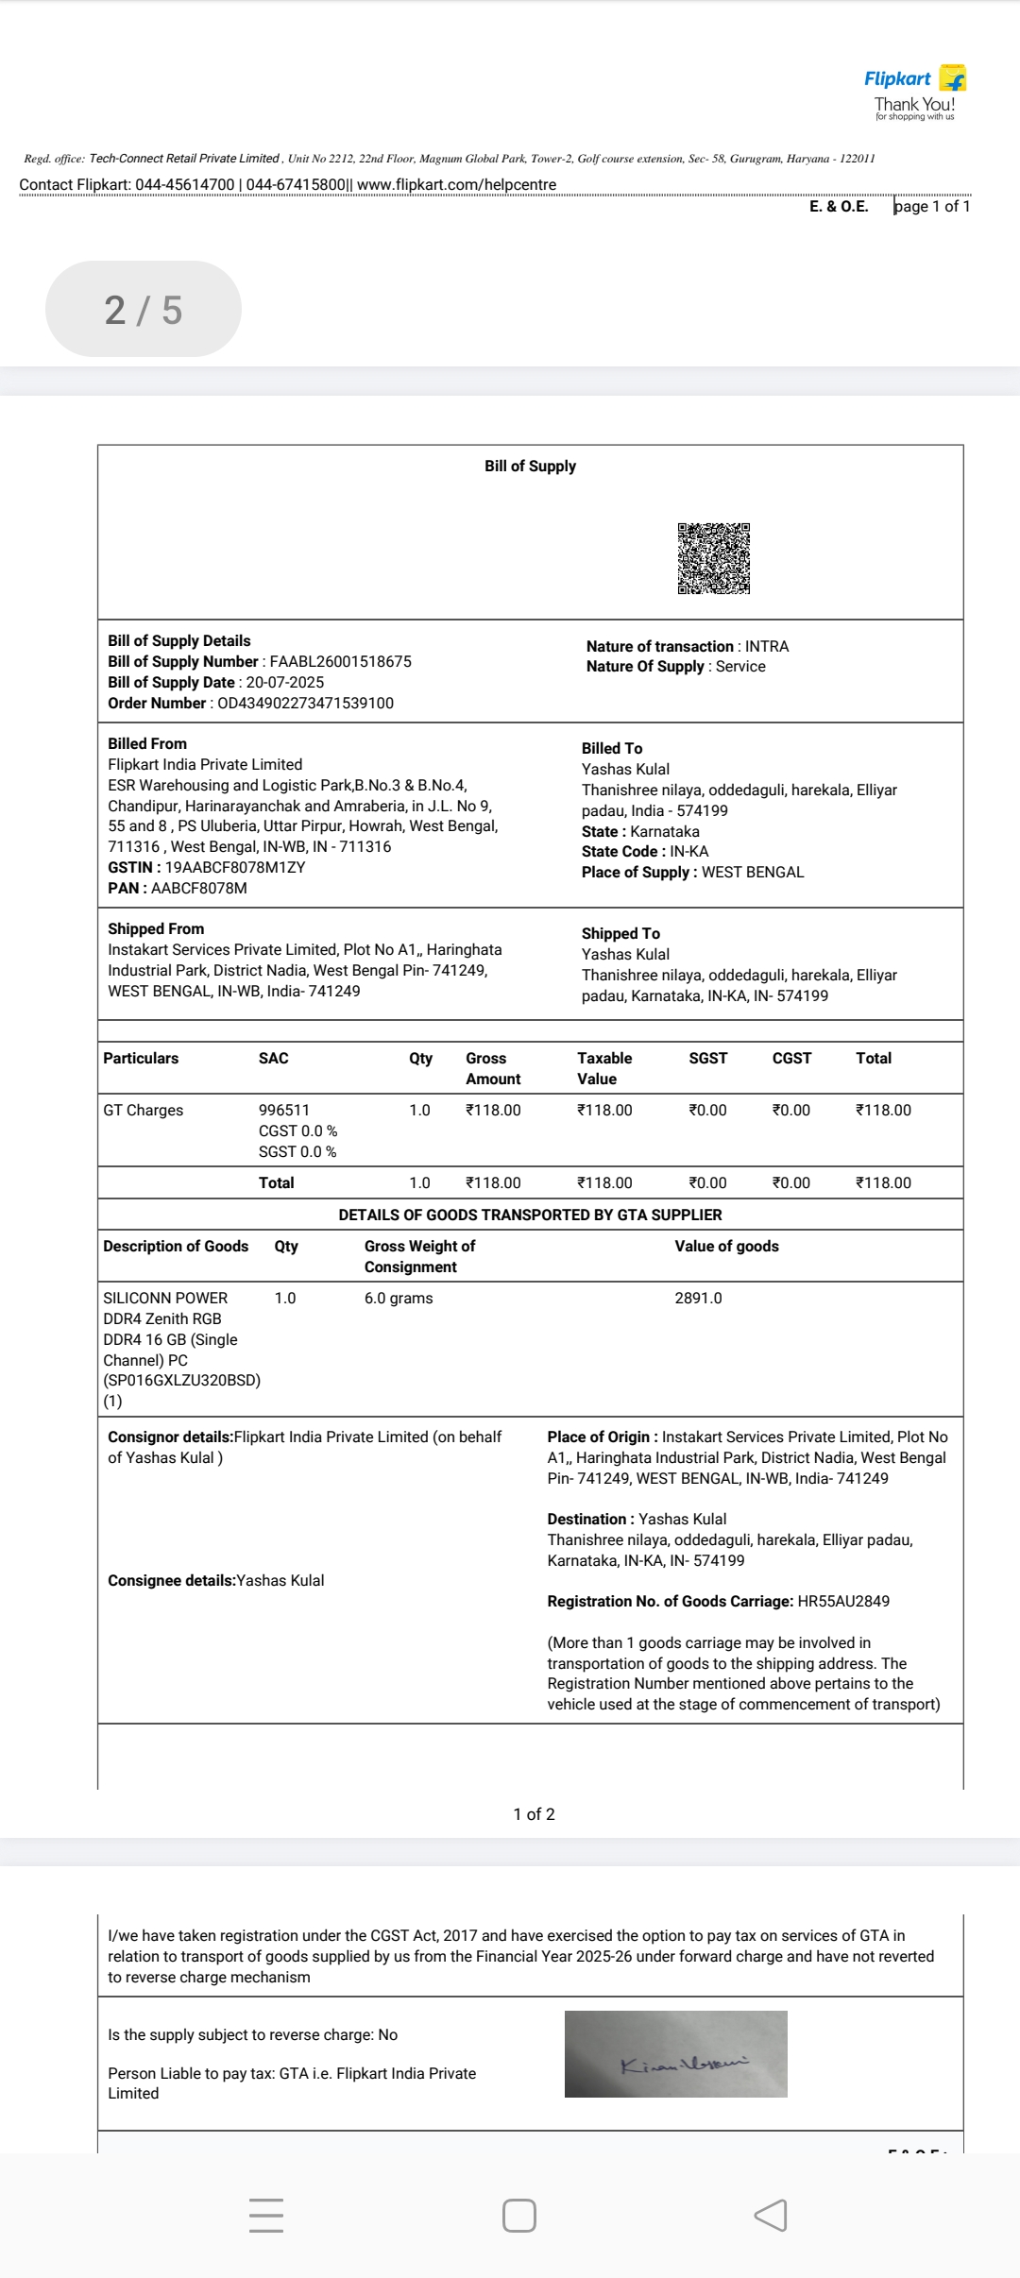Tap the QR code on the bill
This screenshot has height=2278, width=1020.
[x=713, y=558]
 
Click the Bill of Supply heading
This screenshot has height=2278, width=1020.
[x=530, y=466]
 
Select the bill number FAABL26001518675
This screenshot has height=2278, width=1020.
[x=340, y=661]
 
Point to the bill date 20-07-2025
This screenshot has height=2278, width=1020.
[x=284, y=682]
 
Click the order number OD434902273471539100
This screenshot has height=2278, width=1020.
[x=305, y=703]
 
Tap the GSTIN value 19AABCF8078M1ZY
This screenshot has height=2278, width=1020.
[x=235, y=867]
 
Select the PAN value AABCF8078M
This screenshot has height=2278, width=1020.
[x=198, y=888]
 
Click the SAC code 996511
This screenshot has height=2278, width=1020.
[x=283, y=1110]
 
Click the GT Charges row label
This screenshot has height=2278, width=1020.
[x=144, y=1110]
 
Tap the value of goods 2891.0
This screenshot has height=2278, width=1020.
[x=698, y=1298]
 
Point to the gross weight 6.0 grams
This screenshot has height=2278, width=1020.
[x=399, y=1298]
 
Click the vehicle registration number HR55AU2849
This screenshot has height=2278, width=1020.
[x=843, y=1601]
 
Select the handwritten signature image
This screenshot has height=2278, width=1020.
[x=676, y=2054]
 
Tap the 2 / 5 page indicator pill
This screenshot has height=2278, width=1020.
[x=144, y=309]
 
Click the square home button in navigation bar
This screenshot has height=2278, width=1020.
[x=519, y=2215]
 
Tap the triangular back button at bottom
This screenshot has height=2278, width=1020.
[x=771, y=2215]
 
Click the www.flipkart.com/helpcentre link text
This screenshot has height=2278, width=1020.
[x=456, y=184]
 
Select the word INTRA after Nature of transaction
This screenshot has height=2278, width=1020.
[x=766, y=646]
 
